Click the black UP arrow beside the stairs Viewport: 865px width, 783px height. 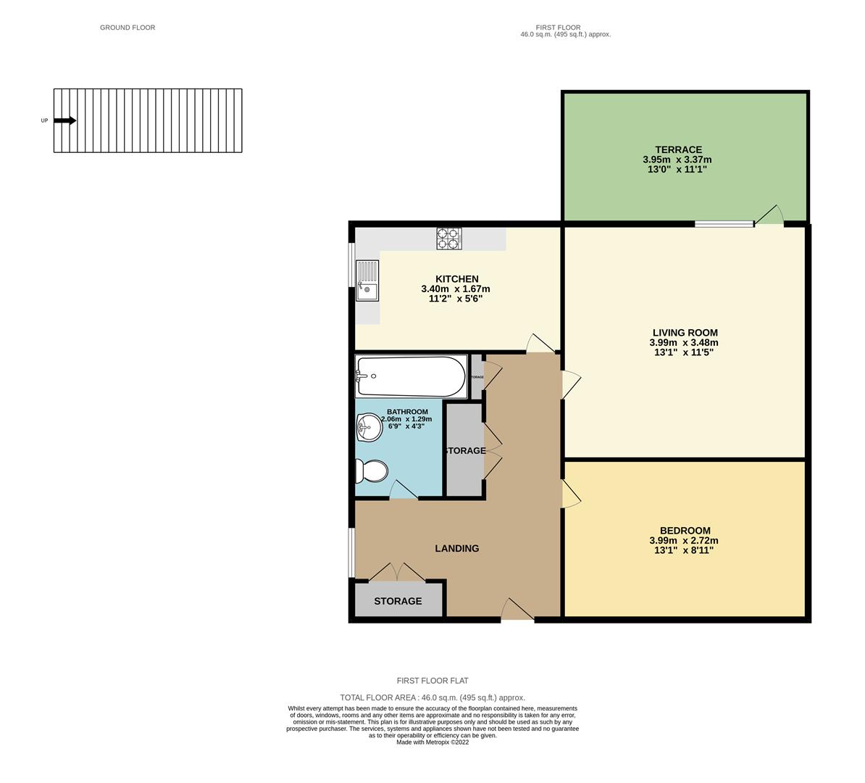coord(64,121)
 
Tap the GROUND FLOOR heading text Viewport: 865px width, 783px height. coord(128,28)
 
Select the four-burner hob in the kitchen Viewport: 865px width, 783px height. coord(448,239)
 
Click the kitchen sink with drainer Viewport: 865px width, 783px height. coord(367,281)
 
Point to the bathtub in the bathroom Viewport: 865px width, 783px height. coord(410,376)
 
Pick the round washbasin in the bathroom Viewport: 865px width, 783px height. coord(369,427)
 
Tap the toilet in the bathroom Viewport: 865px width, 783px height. coord(371,472)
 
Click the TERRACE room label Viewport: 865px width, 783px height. coord(674,149)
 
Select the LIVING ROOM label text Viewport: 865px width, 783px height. coord(684,333)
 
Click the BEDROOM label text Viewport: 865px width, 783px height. coord(685,531)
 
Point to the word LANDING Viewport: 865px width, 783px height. coord(456,549)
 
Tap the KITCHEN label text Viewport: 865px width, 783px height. coord(456,279)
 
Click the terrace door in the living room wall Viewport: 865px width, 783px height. coord(770,215)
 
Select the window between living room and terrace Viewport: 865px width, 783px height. coord(724,224)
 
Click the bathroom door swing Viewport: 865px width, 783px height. coord(403,490)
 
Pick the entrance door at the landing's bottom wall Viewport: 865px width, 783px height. coord(517,610)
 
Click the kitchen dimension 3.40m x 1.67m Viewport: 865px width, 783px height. coord(456,289)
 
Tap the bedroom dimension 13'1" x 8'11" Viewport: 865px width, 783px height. coord(684,550)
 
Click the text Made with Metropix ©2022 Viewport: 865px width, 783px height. coord(432,742)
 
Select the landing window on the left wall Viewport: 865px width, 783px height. coord(351,552)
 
